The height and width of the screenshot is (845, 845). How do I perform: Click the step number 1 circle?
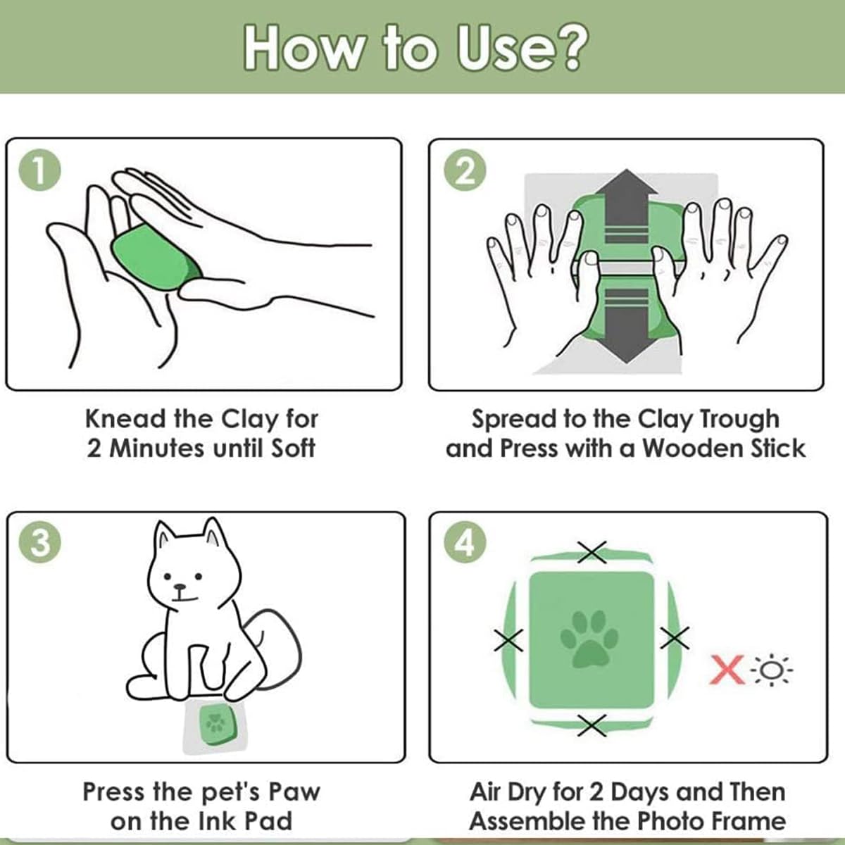(x=39, y=170)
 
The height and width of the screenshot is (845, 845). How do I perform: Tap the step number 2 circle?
(x=465, y=170)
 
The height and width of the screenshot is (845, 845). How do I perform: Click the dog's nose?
(x=179, y=587)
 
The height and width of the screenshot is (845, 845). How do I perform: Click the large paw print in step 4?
(x=589, y=639)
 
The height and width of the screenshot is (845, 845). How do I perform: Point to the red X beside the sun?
(x=727, y=670)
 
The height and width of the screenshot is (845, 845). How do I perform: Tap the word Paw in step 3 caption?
(x=294, y=792)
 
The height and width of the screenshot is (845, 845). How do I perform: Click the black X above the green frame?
(x=591, y=552)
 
